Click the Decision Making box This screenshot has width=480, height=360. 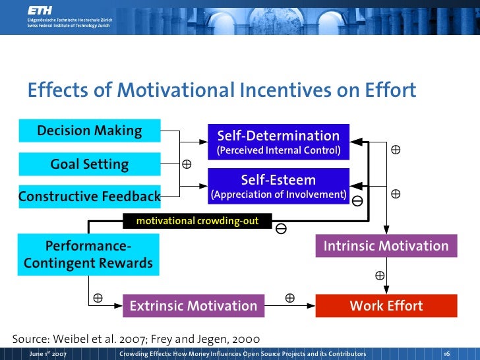(89, 131)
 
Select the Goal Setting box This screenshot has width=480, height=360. (89, 164)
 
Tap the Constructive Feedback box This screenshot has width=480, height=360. (89, 196)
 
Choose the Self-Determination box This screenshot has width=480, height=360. (279, 142)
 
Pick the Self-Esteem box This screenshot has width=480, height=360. (279, 186)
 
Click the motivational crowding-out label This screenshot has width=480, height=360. (197, 222)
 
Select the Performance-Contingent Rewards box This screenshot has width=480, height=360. (88, 255)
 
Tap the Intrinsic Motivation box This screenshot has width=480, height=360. (386, 247)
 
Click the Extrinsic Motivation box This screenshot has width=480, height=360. (193, 306)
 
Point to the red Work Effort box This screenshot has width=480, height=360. (386, 306)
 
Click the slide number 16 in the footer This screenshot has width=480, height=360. (446, 354)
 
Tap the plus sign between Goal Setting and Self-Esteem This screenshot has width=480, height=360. (187, 164)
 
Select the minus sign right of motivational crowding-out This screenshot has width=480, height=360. (281, 229)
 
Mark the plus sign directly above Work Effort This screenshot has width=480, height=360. (380, 274)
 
